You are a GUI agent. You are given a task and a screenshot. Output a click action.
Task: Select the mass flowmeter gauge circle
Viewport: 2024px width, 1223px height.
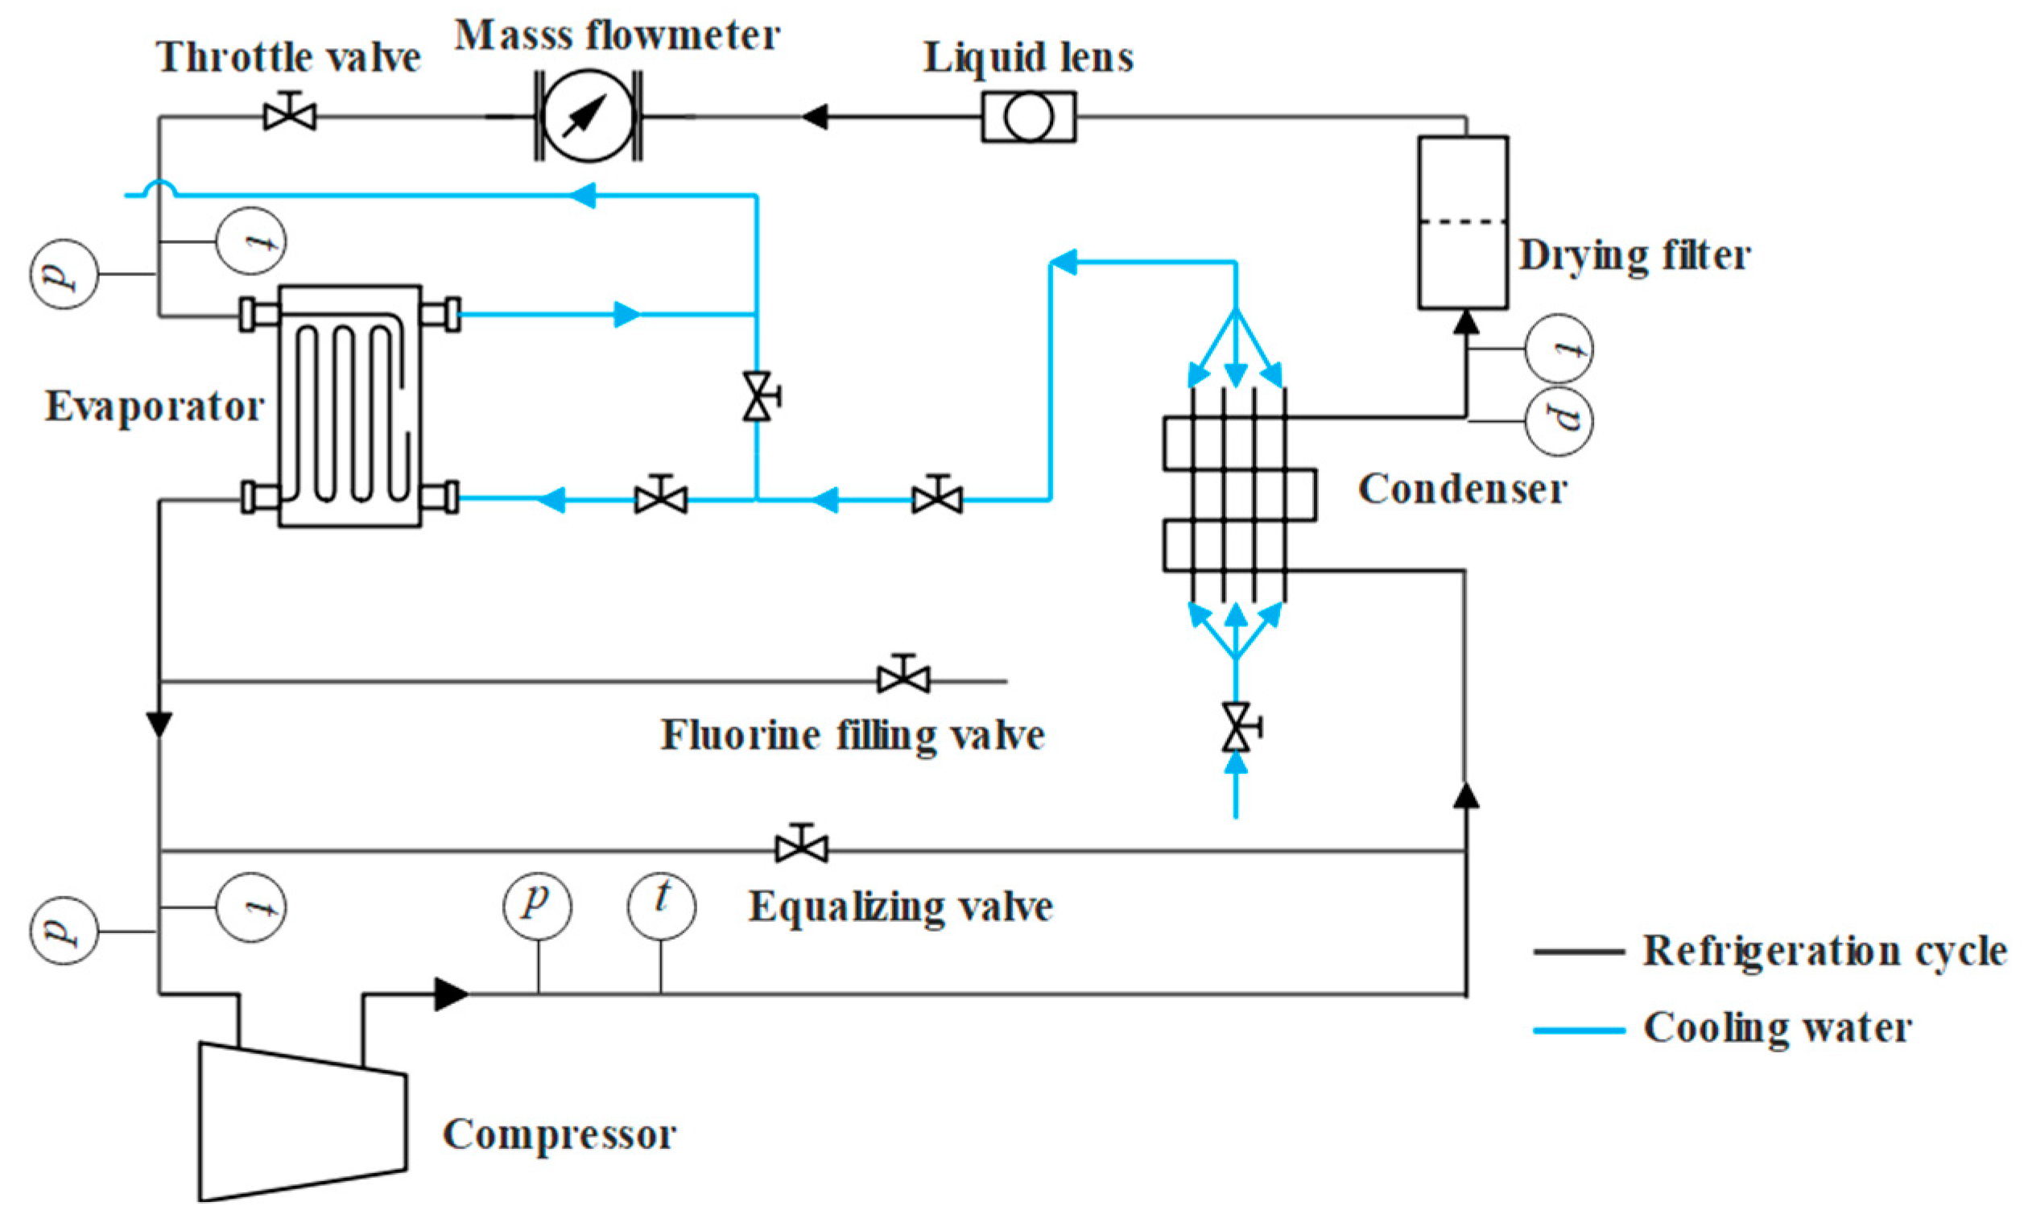click(x=589, y=116)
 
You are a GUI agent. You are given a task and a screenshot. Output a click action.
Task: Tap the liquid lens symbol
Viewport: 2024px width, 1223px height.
click(x=1028, y=117)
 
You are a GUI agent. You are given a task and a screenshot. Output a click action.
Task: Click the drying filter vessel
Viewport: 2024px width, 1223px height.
click(x=1463, y=222)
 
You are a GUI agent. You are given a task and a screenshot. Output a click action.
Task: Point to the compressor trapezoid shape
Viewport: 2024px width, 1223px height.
click(x=302, y=1122)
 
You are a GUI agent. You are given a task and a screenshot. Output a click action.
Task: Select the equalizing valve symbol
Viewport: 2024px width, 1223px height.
click(x=802, y=844)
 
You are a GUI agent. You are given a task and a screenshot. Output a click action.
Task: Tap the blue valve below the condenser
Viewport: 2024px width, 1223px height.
click(x=1237, y=728)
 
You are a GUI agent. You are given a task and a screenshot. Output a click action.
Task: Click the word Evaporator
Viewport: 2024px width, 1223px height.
click(x=155, y=407)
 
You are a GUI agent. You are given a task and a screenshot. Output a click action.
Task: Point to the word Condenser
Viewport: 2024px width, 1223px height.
click(x=1463, y=489)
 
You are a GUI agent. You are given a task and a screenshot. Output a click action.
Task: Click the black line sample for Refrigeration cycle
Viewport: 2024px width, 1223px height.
click(x=1579, y=952)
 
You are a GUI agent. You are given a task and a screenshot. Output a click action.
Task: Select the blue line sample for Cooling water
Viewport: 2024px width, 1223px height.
click(x=1579, y=1029)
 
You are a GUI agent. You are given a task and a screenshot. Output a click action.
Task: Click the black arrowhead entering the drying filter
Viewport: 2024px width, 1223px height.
click(x=1466, y=321)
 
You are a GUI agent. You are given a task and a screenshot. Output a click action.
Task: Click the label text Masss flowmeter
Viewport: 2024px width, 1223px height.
click(x=617, y=35)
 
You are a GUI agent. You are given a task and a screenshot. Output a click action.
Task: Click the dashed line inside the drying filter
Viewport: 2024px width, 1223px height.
click(x=1463, y=221)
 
